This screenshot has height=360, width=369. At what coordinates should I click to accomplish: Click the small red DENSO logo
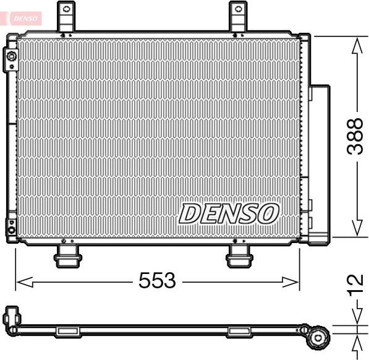point(22,18)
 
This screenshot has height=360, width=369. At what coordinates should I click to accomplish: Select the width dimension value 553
point(157,281)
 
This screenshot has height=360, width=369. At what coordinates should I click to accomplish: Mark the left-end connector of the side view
point(11,317)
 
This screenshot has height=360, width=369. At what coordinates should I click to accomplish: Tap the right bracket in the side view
point(238,332)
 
